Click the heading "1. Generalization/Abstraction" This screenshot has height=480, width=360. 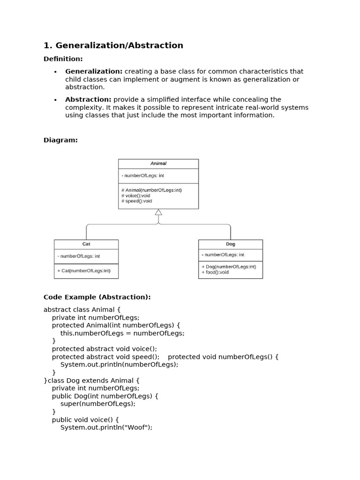coord(113,45)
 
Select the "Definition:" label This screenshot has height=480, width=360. coord(63,59)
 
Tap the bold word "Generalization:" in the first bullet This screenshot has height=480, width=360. coord(94,72)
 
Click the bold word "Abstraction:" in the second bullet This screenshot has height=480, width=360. coord(88,99)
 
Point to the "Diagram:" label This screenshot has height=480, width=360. coord(60,140)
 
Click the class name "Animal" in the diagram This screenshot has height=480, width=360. coord(158,164)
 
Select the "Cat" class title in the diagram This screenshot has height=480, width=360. coord(86,244)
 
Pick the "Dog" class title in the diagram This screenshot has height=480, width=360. coord(230,244)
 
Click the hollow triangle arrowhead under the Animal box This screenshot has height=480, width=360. coord(158,212)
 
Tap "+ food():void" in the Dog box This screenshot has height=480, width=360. coord(215,272)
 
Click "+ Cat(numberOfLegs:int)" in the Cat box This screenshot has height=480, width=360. coord(84,270)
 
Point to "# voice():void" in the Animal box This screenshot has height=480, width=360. coord(136,195)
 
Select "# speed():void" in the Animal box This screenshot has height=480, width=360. coord(137,201)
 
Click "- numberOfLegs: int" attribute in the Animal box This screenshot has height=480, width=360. coord(142,176)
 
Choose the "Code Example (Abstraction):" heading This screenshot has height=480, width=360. coord(97,297)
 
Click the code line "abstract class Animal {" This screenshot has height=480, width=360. coord(82,309)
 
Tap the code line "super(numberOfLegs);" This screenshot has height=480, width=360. coord(98,404)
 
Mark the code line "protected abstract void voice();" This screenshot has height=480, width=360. coord(105,349)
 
